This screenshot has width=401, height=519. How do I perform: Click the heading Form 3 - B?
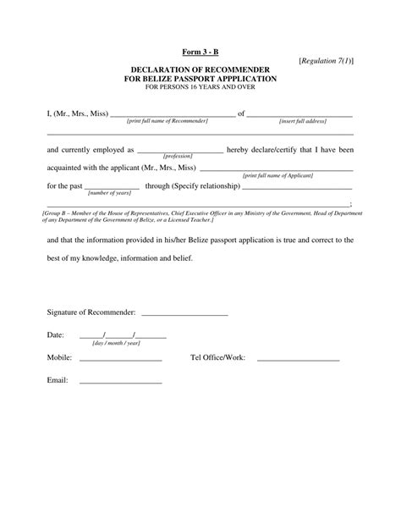click(200, 52)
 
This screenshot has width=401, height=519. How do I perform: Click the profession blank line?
click(179, 152)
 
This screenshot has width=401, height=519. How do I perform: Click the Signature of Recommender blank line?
click(187, 314)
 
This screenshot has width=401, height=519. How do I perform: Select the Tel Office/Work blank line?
click(298, 360)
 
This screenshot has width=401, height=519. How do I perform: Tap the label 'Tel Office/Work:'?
click(218, 358)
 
